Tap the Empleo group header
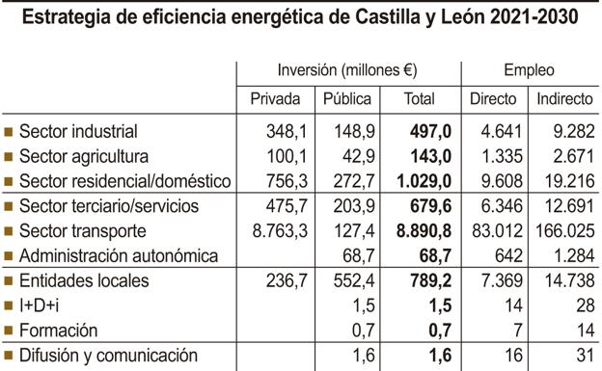click(x=529, y=70)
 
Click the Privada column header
click(x=275, y=99)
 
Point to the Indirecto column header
click(x=564, y=99)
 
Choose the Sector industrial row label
click(x=78, y=131)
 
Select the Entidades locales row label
click(x=84, y=280)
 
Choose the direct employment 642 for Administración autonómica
click(x=506, y=256)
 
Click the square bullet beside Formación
click(x=9, y=331)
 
